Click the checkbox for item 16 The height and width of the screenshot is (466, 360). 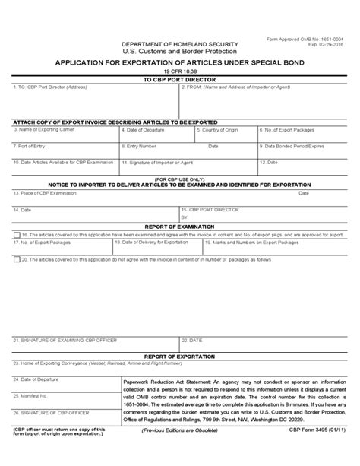click(x=17, y=236)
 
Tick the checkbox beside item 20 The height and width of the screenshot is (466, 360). click(x=17, y=258)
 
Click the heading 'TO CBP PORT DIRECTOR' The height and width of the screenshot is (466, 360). click(x=179, y=79)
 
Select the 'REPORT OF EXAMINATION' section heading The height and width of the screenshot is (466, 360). click(x=179, y=227)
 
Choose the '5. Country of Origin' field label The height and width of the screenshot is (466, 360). click(x=220, y=129)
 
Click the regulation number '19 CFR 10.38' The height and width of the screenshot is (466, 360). click(x=179, y=71)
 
